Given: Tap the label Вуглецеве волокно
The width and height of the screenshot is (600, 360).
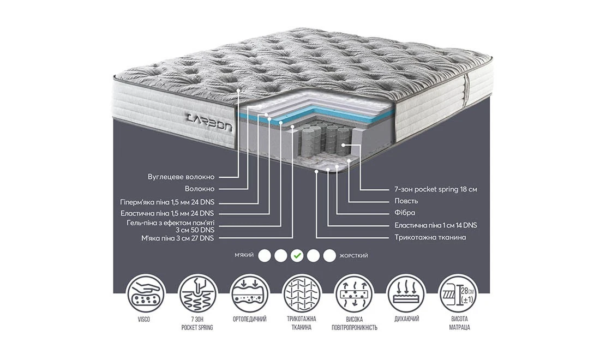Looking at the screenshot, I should click(x=181, y=177).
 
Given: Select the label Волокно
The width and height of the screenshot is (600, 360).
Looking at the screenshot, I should click(x=199, y=189).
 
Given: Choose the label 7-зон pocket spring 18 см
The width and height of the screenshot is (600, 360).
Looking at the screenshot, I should click(x=436, y=189).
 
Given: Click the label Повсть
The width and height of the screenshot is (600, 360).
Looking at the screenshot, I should click(x=406, y=201).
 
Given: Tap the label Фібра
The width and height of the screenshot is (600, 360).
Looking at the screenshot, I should click(x=405, y=213).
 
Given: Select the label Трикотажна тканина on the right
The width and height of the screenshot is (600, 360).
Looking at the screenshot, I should click(x=430, y=238).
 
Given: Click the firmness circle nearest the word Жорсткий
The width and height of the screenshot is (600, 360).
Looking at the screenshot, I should click(x=329, y=255).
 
